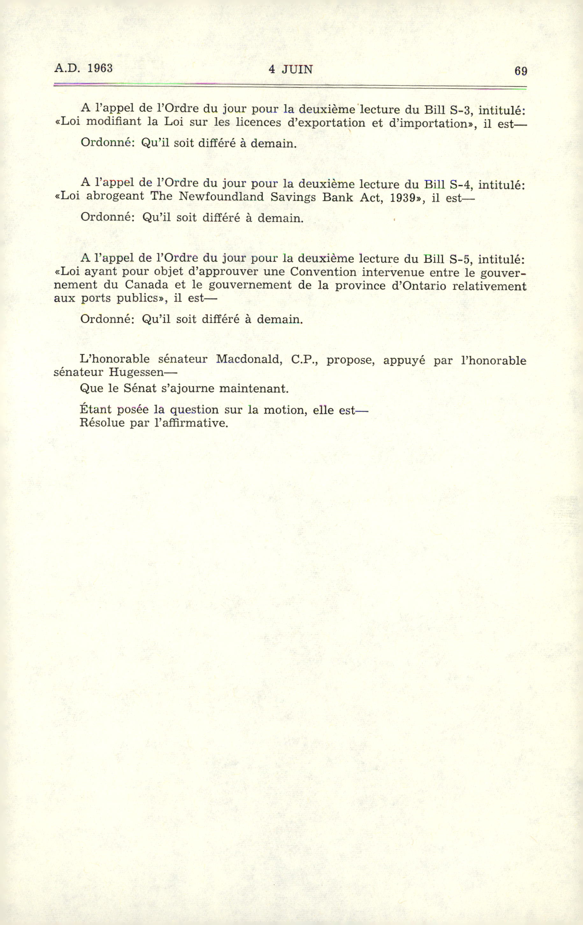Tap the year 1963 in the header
click(100, 68)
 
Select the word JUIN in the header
click(297, 69)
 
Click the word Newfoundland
click(221, 197)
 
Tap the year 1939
click(405, 198)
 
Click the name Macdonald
click(249, 359)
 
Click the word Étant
click(95, 410)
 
